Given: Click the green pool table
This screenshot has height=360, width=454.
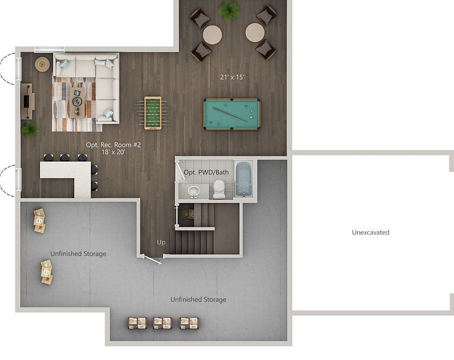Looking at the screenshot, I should pyautogui.click(x=231, y=114).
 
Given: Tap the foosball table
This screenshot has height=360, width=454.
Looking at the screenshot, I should pyautogui.click(x=153, y=113).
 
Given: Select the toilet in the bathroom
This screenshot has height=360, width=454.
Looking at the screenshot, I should pyautogui.click(x=219, y=189).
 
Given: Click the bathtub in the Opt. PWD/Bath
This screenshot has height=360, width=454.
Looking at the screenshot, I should pyautogui.click(x=244, y=178).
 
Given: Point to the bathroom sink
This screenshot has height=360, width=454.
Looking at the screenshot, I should pyautogui.click(x=193, y=190).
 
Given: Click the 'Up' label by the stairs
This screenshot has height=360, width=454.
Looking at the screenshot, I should pyautogui.click(x=161, y=242).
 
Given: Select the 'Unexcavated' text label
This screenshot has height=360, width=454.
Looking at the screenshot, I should pyautogui.click(x=370, y=232).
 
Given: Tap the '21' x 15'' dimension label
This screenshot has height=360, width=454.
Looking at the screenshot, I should pyautogui.click(x=232, y=77).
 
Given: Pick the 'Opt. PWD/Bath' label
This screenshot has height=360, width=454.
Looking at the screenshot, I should pyautogui.click(x=206, y=172).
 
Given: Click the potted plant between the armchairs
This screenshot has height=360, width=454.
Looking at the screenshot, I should pyautogui.click(x=229, y=10).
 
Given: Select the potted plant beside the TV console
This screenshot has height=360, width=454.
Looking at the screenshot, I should pyautogui.click(x=29, y=129).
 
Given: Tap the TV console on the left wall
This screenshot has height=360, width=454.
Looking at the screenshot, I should pyautogui.click(x=26, y=101).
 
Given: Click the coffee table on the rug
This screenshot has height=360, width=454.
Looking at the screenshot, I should pyautogui.click(x=77, y=102).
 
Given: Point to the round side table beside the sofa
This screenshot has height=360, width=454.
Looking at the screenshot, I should pyautogui.click(x=42, y=64).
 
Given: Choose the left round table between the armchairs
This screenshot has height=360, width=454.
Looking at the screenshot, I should pyautogui.click(x=212, y=34).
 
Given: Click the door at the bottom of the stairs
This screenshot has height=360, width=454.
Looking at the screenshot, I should pyautogui.click(x=151, y=259).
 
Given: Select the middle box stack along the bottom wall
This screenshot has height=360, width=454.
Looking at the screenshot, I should pyautogui.click(x=162, y=322).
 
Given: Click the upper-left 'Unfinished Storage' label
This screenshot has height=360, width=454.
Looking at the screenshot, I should pyautogui.click(x=78, y=253).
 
